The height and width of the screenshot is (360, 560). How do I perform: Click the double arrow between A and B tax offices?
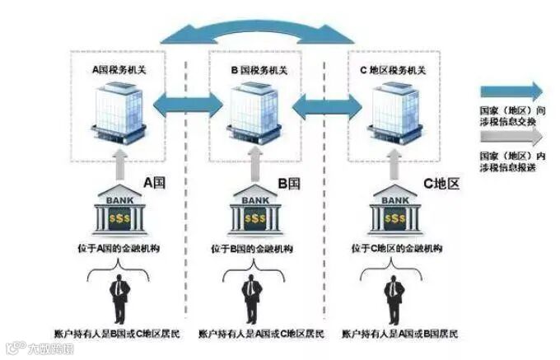click(189, 104)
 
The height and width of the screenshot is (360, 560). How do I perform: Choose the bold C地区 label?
click(440, 182)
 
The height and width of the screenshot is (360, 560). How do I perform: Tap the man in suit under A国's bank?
click(120, 300)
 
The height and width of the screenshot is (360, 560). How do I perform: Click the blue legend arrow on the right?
click(511, 91)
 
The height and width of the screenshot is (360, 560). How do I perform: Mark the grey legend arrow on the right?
click(511, 138)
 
